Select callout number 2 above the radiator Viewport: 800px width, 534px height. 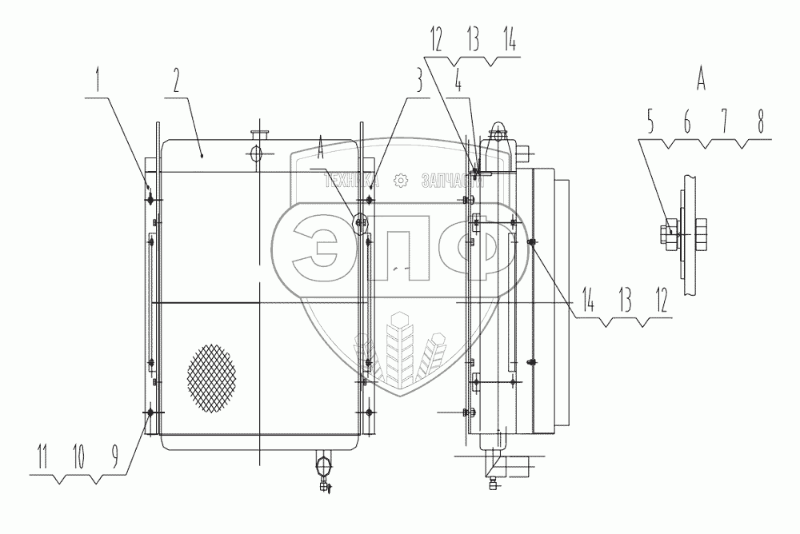(176, 81)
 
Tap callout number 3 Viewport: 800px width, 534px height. (418, 81)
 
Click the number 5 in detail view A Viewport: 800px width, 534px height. (650, 122)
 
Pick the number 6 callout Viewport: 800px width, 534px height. (687, 122)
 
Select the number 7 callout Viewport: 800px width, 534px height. (724, 122)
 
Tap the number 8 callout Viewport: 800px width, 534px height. (760, 122)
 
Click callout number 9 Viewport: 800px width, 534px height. (115, 456)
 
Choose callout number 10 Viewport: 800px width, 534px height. (78, 456)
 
